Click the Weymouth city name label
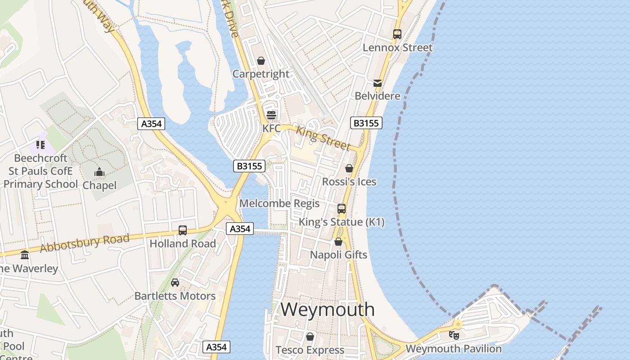point(328,310)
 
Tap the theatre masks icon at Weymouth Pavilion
point(454,335)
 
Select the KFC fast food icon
point(271,115)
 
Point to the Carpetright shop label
point(261,74)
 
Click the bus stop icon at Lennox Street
point(397,34)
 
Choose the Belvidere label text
point(377,96)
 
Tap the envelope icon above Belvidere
point(377,83)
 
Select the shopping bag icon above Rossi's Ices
point(349,168)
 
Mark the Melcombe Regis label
point(279,203)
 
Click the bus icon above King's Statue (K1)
point(342,208)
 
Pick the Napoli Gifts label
point(338,255)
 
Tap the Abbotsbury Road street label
point(84,243)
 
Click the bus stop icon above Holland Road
point(183,230)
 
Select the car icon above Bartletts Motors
point(175,283)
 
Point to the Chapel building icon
point(99,172)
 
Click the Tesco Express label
point(310,350)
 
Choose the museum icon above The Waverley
point(25,255)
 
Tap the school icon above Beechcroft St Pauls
point(40,145)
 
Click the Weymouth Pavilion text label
point(454,349)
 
